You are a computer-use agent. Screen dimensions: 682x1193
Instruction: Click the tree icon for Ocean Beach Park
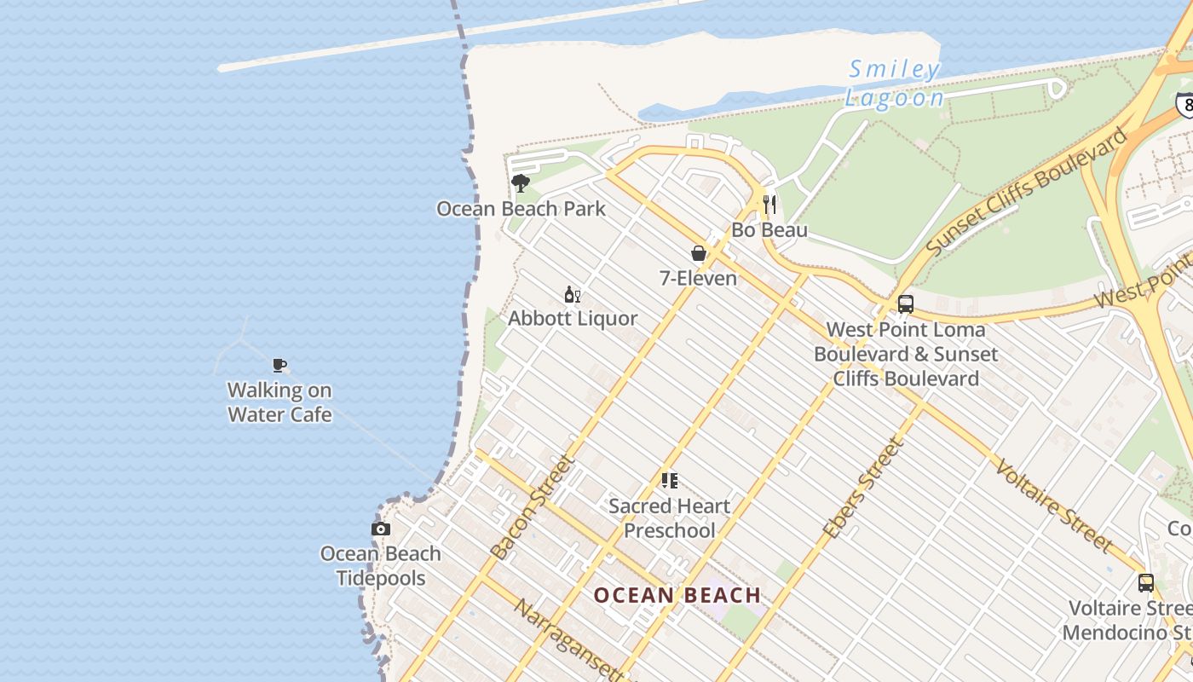[x=520, y=182]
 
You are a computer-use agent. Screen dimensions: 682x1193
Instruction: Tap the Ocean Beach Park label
[x=521, y=209]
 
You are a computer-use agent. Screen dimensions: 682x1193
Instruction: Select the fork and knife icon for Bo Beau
[x=769, y=205]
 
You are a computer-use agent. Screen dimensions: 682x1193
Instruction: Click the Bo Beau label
[x=769, y=230]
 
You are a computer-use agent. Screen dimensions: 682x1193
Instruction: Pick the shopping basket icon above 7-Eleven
[x=699, y=253]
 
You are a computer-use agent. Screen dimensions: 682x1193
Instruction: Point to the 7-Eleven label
[x=699, y=278]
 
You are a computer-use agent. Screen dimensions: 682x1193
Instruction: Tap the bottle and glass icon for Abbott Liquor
[x=573, y=295]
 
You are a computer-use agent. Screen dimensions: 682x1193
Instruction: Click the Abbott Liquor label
[x=573, y=319]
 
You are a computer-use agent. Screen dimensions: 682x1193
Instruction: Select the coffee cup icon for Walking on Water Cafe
[x=280, y=366]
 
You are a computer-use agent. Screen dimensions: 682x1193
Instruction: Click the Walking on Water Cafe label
[x=280, y=402]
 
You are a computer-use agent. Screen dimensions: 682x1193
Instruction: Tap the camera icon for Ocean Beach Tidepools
[x=381, y=529]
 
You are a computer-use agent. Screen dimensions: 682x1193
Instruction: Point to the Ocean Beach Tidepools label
[x=381, y=565]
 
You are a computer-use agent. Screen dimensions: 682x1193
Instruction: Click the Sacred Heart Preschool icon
[x=670, y=481]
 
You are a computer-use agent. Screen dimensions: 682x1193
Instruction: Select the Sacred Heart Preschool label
[x=670, y=517]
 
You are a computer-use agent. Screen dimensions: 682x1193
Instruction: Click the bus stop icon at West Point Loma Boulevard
[x=906, y=304]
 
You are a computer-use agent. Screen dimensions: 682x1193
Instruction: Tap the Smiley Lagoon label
[x=895, y=84]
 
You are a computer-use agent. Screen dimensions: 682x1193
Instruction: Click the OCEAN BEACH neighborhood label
[x=677, y=595]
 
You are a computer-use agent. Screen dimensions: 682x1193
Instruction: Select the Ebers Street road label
[x=863, y=488]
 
